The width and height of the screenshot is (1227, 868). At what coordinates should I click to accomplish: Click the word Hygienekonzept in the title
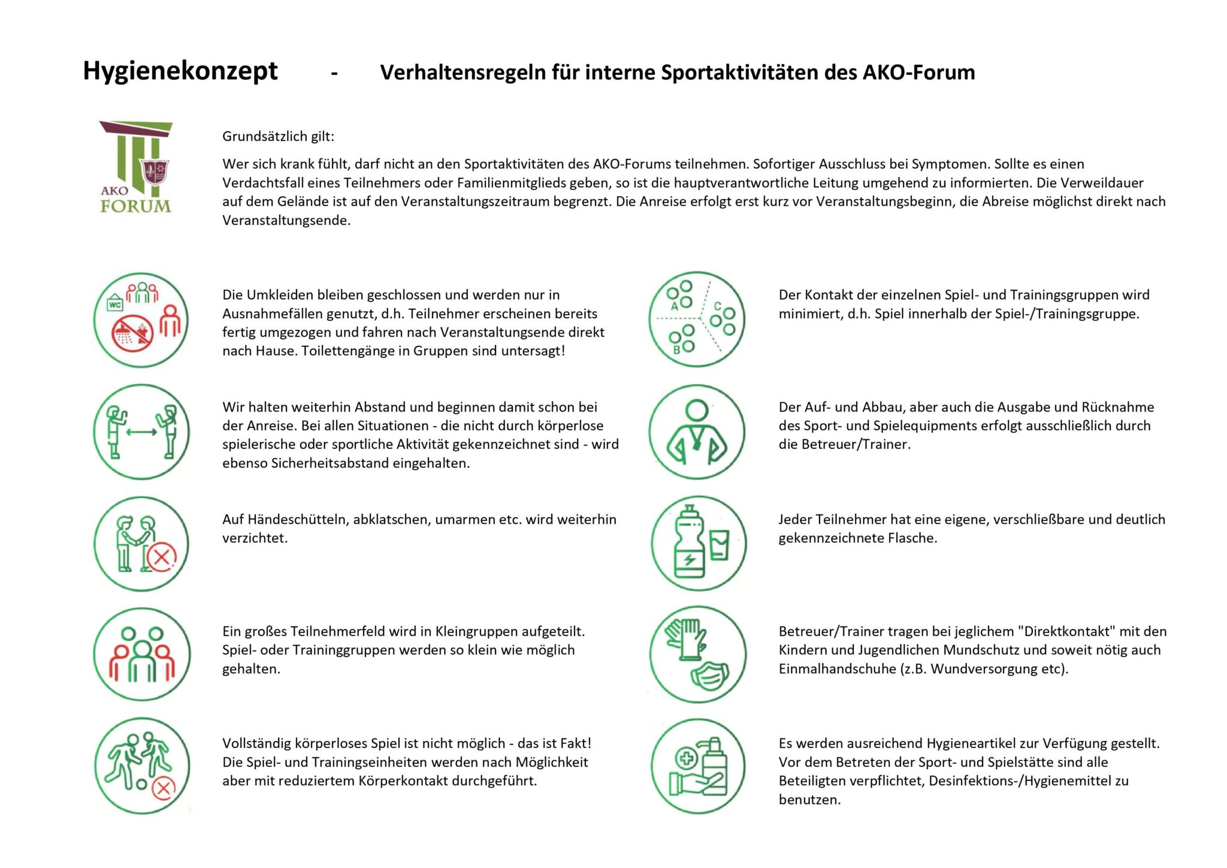180,71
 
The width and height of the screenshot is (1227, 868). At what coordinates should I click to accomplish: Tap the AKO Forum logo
135,167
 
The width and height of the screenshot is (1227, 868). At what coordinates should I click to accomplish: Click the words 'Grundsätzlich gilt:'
278,136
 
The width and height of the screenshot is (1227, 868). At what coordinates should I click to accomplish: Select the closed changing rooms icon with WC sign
141,320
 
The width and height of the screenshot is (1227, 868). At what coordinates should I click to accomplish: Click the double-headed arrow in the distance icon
141,432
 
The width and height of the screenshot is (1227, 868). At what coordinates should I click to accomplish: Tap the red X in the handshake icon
161,558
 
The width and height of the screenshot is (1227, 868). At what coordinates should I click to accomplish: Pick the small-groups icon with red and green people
142,655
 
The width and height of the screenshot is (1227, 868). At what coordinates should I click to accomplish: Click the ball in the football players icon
142,783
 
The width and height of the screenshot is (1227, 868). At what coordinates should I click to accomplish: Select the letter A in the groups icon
674,306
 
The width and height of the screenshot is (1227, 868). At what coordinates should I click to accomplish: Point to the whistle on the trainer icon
697,445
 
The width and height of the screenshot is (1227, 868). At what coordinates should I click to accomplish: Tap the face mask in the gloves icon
709,676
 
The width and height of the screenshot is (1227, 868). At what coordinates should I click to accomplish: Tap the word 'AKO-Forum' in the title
918,72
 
